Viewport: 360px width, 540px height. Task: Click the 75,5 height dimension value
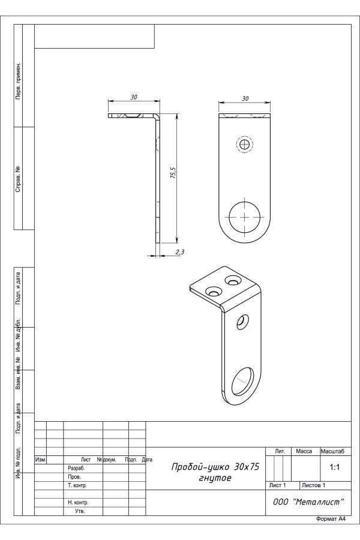click(x=173, y=173)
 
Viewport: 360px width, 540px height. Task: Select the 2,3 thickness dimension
click(x=180, y=252)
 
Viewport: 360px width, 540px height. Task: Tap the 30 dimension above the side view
click(x=134, y=97)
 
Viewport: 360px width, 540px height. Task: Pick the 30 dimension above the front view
click(x=245, y=98)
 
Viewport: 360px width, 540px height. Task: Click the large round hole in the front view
click(x=245, y=217)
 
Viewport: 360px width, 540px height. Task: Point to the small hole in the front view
click(x=245, y=144)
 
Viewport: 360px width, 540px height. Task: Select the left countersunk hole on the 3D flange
click(x=213, y=292)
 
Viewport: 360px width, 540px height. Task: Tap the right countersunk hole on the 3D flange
click(x=233, y=280)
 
